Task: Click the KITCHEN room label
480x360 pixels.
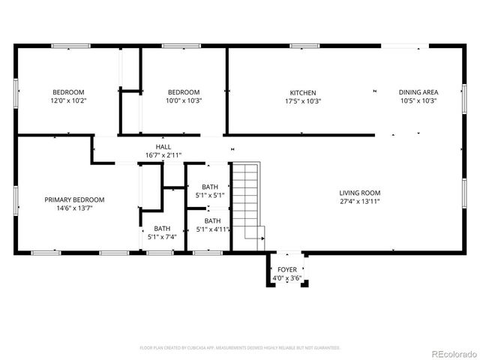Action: point(304,93)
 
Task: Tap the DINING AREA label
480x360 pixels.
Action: point(418,93)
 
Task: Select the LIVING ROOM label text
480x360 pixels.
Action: point(360,193)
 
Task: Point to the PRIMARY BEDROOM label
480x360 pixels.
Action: point(74,199)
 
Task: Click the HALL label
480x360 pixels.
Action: point(163,147)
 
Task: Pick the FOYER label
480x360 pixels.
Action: point(286,270)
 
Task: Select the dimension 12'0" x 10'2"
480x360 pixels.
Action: point(68,100)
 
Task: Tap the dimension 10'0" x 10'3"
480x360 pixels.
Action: point(184,100)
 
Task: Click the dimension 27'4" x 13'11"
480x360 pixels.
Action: point(360,201)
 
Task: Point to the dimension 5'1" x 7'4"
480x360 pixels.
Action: point(162,237)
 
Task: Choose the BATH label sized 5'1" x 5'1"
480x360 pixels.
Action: point(209,187)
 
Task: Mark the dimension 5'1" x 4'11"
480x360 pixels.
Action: point(213,229)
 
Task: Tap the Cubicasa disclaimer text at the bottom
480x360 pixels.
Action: point(240,348)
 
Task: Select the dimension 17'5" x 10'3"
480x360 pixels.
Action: point(304,100)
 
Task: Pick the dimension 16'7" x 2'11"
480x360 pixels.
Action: point(163,155)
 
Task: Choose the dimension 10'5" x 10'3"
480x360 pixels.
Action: point(418,100)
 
